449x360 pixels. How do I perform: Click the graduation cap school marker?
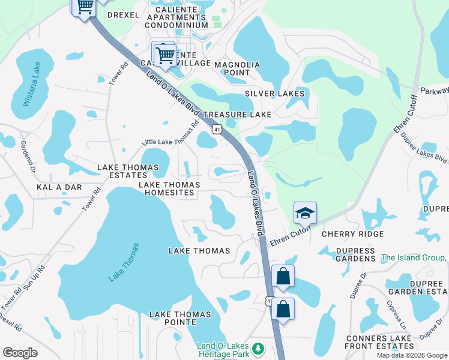pos(305,214)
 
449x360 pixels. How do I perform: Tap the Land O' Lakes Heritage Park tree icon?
pos(258,349)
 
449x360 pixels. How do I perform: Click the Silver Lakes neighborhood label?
pos(274,94)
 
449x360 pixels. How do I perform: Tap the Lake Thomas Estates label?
pos(128,171)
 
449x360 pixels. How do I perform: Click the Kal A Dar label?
pos(59,187)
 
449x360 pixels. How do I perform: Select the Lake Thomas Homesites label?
pos(167,188)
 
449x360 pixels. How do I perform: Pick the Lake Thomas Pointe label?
pos(180,319)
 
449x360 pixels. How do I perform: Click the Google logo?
pos(20,353)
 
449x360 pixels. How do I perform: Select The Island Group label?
pos(414,258)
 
